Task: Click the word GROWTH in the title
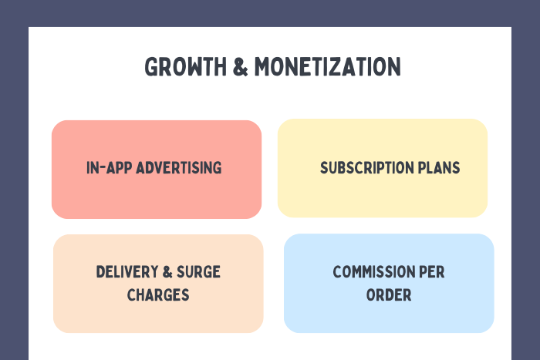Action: click(186, 67)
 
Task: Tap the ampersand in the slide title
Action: click(241, 67)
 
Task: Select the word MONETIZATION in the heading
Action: click(328, 67)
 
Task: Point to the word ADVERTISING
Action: click(179, 168)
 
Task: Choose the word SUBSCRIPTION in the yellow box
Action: click(366, 168)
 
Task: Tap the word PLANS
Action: click(439, 168)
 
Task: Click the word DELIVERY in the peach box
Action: click(127, 272)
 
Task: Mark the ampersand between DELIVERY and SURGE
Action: click(167, 272)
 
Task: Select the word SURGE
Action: click(198, 272)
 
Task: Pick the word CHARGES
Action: click(158, 295)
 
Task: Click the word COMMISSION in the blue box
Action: click(374, 272)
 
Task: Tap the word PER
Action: click(432, 272)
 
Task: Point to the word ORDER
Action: click(389, 295)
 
